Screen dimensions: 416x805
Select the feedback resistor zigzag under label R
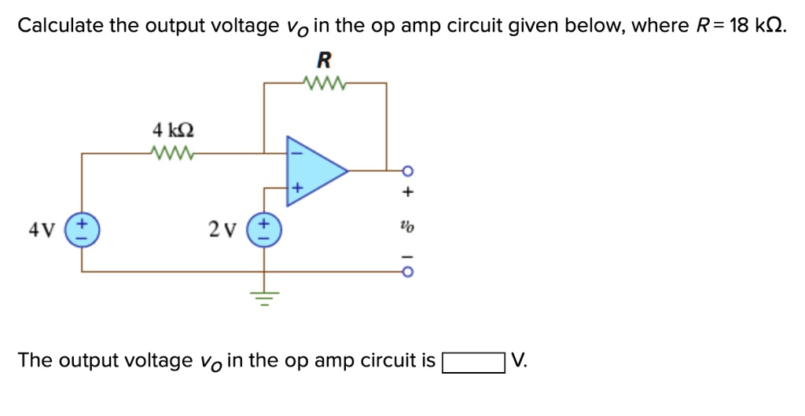pyautogui.click(x=324, y=82)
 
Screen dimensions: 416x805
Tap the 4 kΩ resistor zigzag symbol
pyautogui.click(x=172, y=152)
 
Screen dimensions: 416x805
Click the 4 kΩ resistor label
pyautogui.click(x=172, y=129)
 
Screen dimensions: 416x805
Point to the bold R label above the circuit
pyautogui.click(x=323, y=60)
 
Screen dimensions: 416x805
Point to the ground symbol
pyautogui.click(x=263, y=297)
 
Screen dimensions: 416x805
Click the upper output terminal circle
pyautogui.click(x=407, y=170)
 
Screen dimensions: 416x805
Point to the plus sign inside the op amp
pyautogui.click(x=296, y=188)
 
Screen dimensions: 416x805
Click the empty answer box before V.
pyautogui.click(x=472, y=363)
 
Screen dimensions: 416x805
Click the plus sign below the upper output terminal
pyautogui.click(x=407, y=191)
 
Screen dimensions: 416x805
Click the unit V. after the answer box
pyautogui.click(x=520, y=361)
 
